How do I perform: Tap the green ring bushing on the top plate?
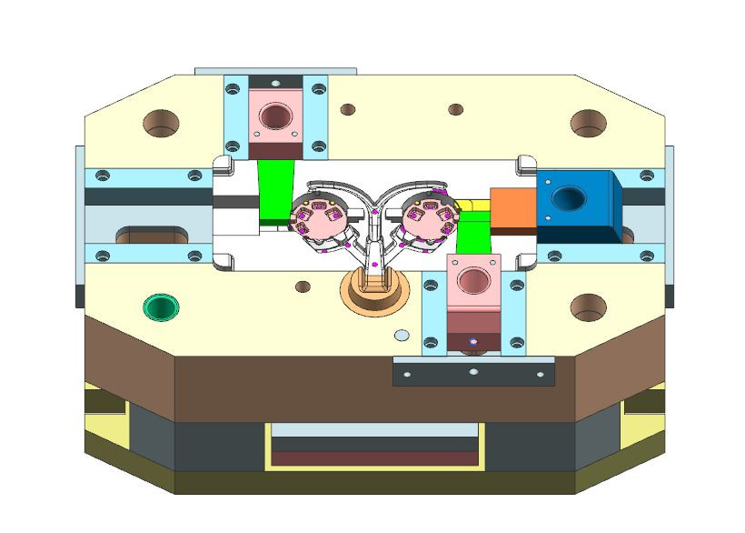(161, 307)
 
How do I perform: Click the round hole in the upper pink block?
(274, 116)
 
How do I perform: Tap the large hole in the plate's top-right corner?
(588, 122)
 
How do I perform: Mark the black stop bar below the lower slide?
(472, 371)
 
